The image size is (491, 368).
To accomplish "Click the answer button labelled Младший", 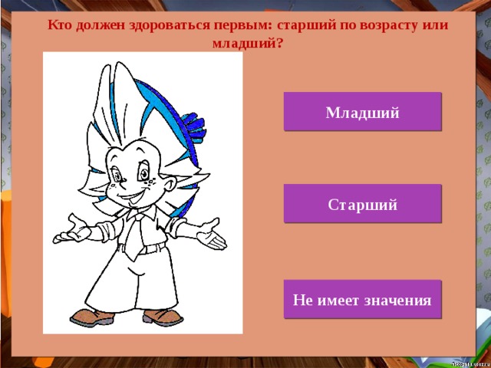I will pyautogui.click(x=362, y=113).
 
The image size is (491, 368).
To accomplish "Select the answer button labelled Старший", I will pyautogui.click(x=362, y=205).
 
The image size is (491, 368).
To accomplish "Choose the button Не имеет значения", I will pyautogui.click(x=362, y=299).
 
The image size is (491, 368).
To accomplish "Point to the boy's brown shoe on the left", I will pyautogui.click(x=92, y=315).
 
